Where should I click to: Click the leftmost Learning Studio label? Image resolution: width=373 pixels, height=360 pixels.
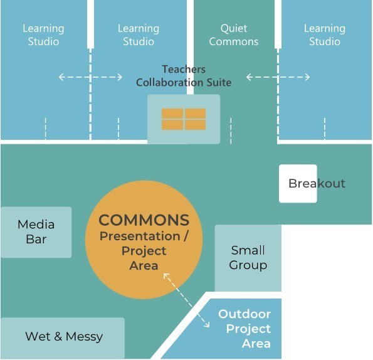43,34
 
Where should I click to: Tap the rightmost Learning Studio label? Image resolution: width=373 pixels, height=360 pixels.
325,34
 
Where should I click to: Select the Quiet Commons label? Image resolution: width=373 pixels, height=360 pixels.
234,34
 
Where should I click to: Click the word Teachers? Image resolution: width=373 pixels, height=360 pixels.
184,69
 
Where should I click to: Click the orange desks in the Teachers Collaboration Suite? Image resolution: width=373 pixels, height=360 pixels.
184,119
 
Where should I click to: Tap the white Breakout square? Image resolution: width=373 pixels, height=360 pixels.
298,184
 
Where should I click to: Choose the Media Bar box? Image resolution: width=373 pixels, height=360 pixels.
36,232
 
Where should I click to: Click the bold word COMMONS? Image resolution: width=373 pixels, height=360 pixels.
144,220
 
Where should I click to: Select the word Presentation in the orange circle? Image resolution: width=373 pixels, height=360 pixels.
140,236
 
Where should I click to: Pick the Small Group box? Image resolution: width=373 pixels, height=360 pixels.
248,258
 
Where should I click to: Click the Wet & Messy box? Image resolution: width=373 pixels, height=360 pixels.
63,338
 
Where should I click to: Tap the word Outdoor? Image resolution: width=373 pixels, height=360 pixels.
244,314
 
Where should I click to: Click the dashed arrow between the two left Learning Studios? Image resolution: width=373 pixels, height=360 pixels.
90,77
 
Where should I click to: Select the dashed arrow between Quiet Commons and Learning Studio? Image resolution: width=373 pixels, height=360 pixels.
278,77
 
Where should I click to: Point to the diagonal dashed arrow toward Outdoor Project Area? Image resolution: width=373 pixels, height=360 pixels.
187,300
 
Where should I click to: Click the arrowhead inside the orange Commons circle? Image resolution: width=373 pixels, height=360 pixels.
165,276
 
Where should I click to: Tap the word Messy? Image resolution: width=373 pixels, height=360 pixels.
84,337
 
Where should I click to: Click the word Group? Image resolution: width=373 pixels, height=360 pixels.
248,265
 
